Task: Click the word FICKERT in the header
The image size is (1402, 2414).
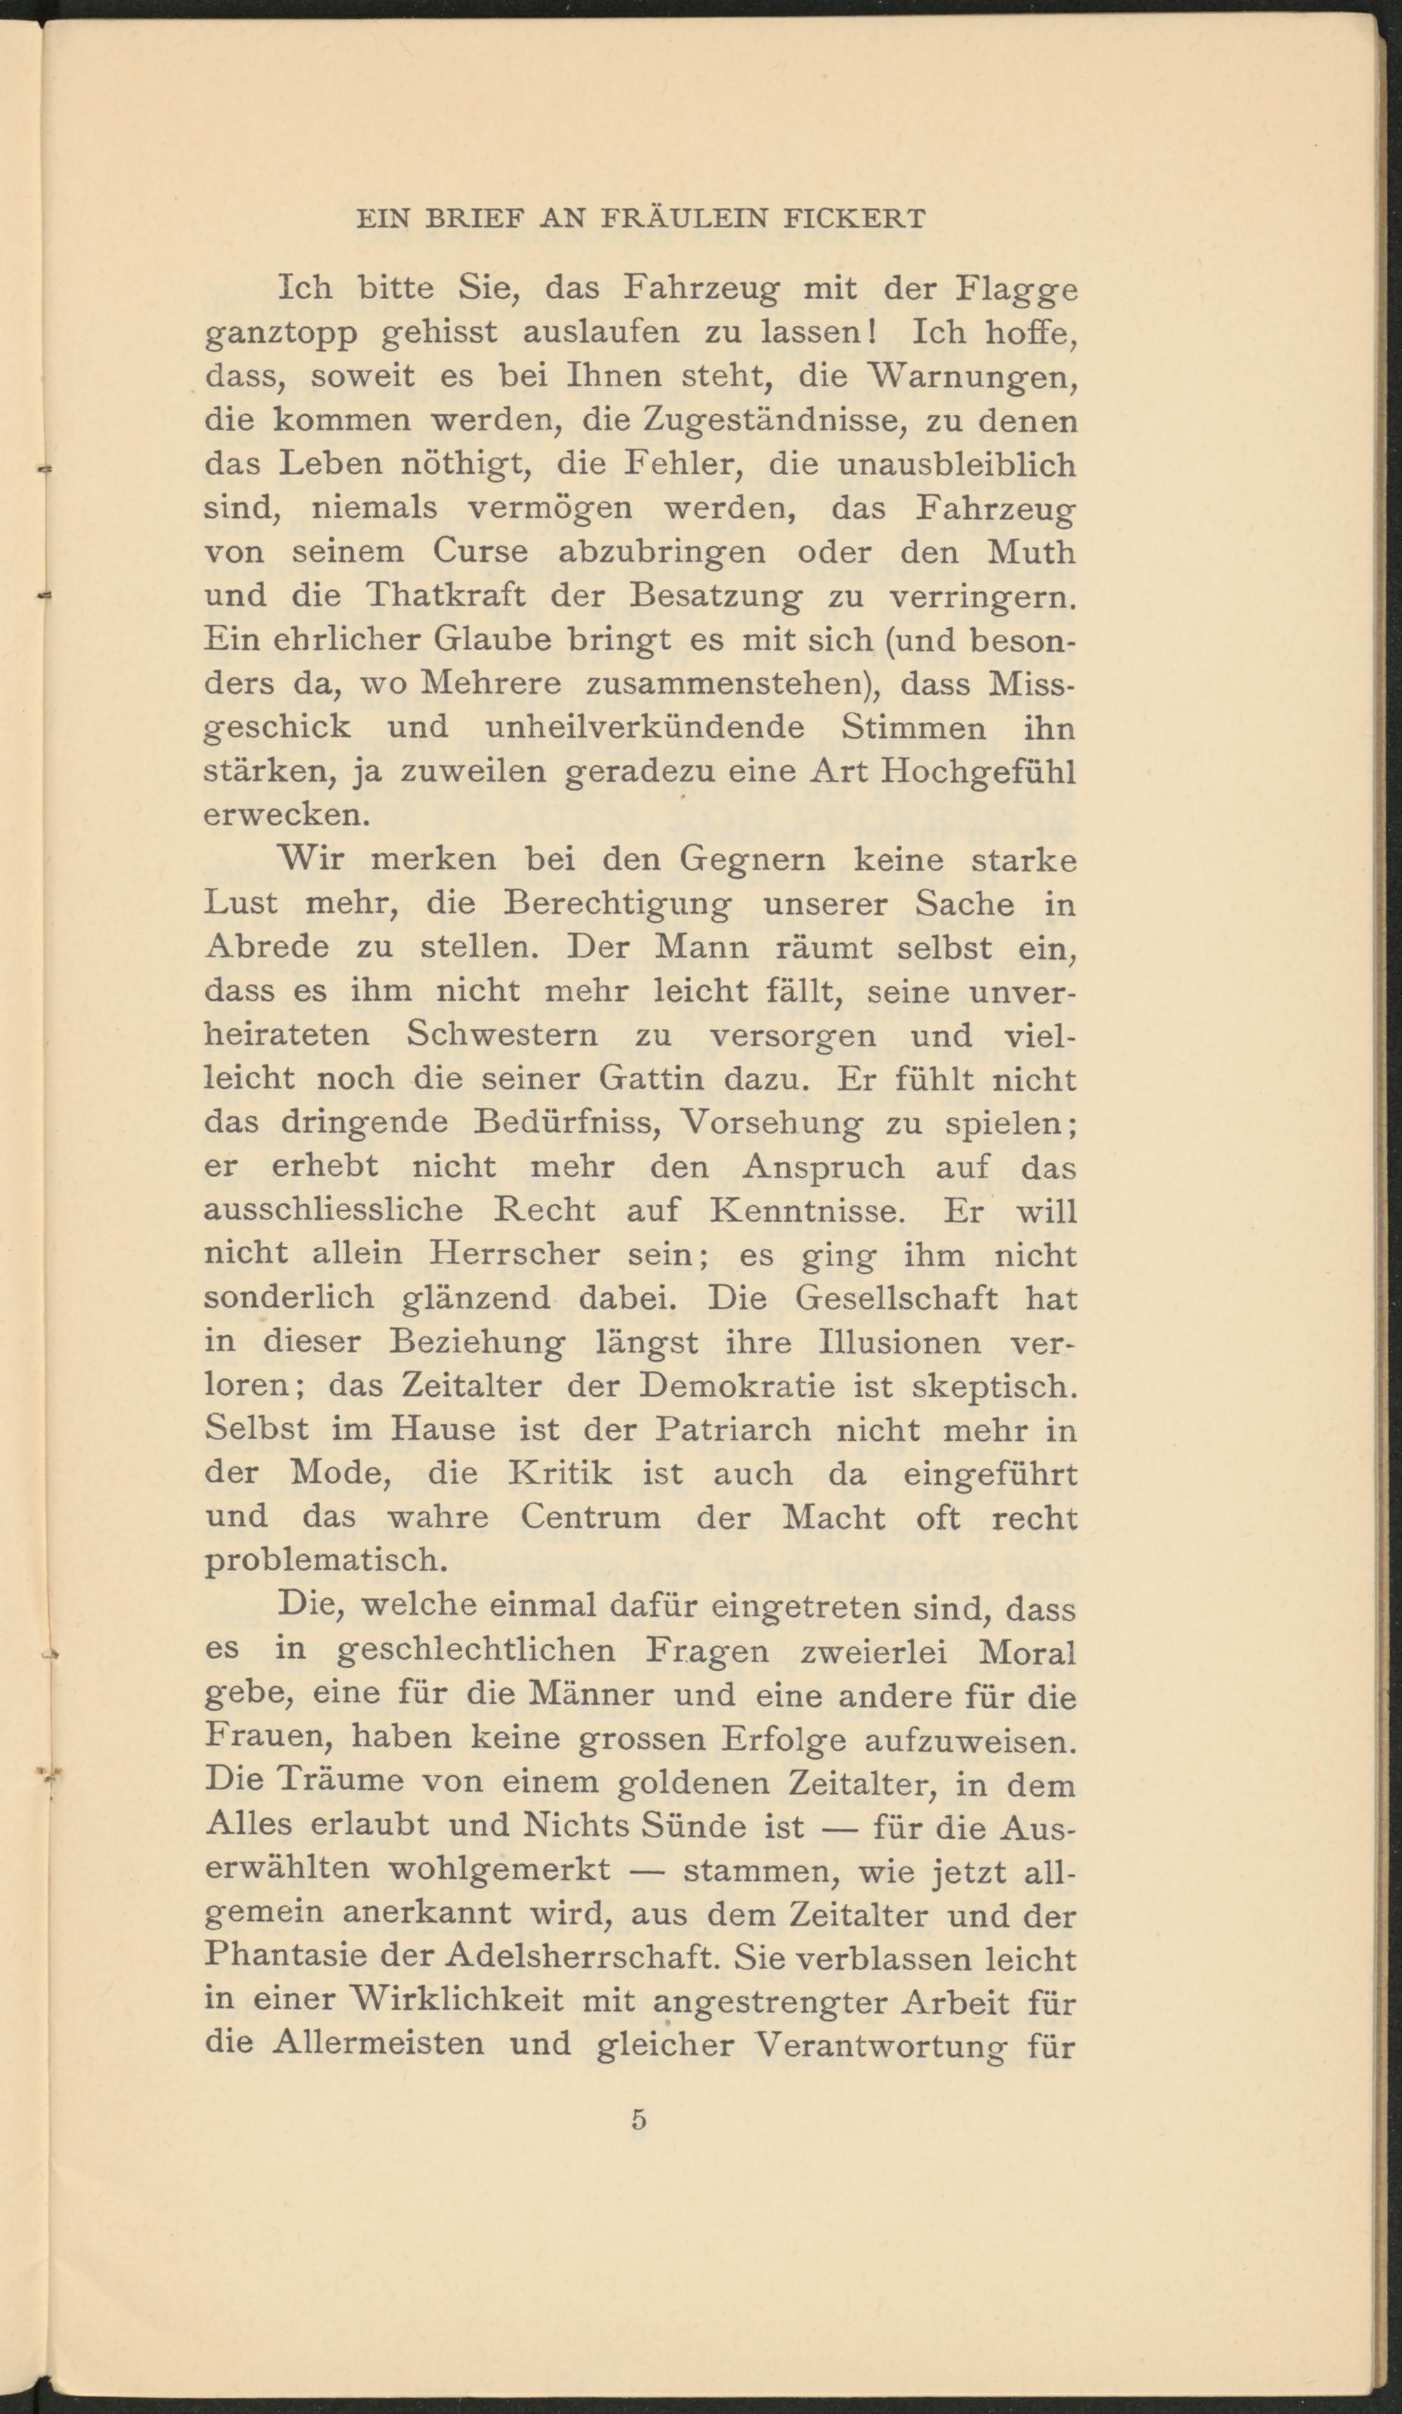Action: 854,219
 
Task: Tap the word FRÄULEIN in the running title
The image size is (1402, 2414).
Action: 683,219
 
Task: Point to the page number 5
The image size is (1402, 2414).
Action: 639,2120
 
